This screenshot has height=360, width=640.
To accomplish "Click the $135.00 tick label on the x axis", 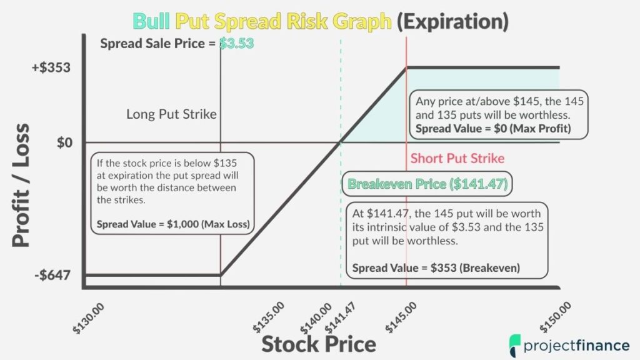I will [269, 317].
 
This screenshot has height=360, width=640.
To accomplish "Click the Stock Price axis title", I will [318, 344].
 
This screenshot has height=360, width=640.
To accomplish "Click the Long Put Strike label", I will [171, 114].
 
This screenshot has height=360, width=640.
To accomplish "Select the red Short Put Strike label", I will [457, 158].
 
